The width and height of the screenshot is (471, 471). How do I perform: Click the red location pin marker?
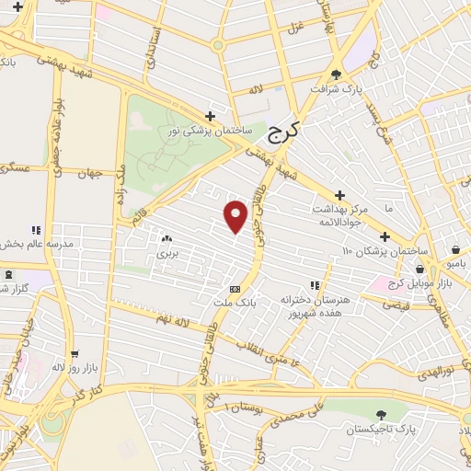click(236, 217)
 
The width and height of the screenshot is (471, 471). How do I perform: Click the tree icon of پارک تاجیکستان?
click(382, 415)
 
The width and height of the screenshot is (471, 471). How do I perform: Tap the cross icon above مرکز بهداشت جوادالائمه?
click(340, 195)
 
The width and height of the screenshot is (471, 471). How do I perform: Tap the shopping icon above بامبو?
click(456, 248)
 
